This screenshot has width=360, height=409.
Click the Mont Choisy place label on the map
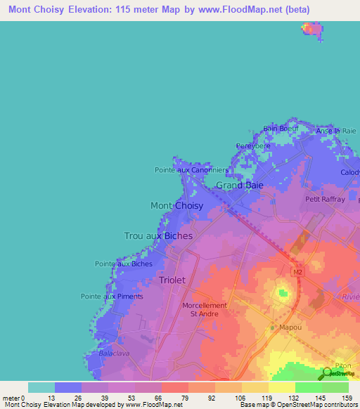click(177, 206)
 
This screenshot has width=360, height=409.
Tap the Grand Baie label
click(239, 186)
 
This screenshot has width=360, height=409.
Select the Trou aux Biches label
click(158, 236)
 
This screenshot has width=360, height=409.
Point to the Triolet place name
click(172, 280)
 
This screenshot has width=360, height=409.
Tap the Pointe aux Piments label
click(112, 297)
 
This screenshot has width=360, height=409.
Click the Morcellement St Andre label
click(205, 310)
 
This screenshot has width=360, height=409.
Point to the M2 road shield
click(297, 271)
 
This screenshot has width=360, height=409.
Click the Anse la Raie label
click(337, 131)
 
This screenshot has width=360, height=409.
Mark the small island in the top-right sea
click(311, 29)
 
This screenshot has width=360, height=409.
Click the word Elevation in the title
click(102, 10)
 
